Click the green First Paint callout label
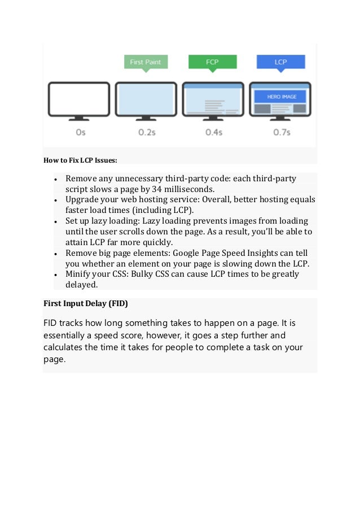[x=146, y=62]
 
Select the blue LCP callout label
[x=280, y=62]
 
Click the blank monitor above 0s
[x=79, y=99]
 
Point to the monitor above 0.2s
[x=146, y=99]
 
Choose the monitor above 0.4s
[x=213, y=99]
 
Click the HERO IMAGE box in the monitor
[x=280, y=97]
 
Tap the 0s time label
[x=80, y=132]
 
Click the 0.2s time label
[x=147, y=132]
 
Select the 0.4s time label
[x=214, y=132]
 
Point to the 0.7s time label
[x=280, y=132]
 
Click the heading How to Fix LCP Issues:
[x=81, y=160]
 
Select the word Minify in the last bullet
[x=80, y=274]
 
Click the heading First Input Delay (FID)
[x=86, y=303]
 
